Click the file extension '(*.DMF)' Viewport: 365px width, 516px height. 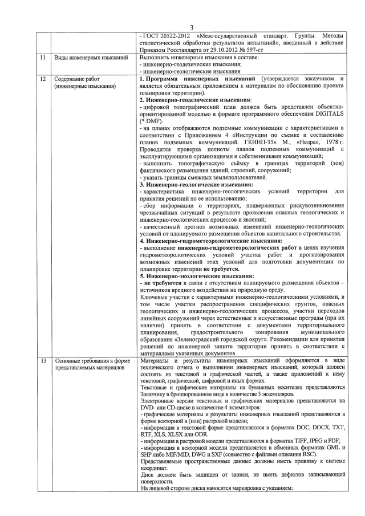(153, 120)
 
